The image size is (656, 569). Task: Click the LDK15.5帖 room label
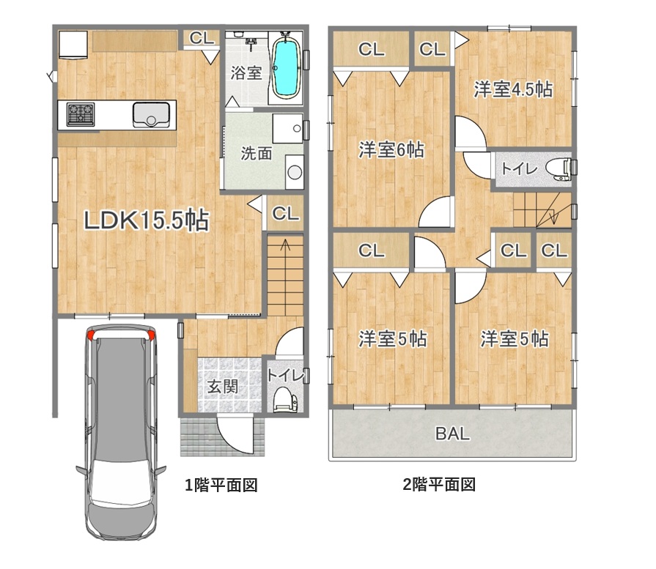pyautogui.click(x=147, y=220)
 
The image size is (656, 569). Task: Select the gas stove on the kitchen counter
pyautogui.click(x=81, y=114)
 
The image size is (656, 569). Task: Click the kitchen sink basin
pyautogui.click(x=151, y=114)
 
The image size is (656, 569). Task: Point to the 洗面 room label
pyautogui.click(x=256, y=154)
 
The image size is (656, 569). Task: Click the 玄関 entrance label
pyautogui.click(x=223, y=387)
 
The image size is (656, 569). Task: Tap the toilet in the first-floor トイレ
pyautogui.click(x=284, y=400)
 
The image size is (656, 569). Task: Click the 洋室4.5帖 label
pyautogui.click(x=513, y=89)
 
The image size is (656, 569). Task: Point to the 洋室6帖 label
pyautogui.click(x=391, y=150)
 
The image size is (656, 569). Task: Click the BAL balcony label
pyautogui.click(x=453, y=434)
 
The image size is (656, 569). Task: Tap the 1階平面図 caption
pyautogui.click(x=221, y=485)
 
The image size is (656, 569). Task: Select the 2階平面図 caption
pyautogui.click(x=439, y=485)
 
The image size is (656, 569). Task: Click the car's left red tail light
pyautogui.click(x=91, y=334)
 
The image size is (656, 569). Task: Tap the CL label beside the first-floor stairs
pyautogui.click(x=285, y=214)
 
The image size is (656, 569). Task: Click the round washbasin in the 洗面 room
pyautogui.click(x=295, y=172)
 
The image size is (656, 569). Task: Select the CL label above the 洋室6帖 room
pyautogui.click(x=371, y=50)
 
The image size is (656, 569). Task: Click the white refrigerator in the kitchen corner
pyautogui.click(x=73, y=45)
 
